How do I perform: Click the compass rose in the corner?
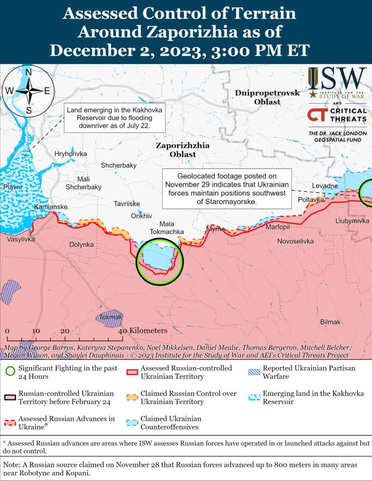[x=28, y=91]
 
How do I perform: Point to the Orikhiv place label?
[x=142, y=216]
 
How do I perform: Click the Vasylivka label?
[x=20, y=239]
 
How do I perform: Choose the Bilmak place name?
[x=330, y=322]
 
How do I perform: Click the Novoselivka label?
[x=296, y=241]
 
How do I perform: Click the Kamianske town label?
[x=51, y=206]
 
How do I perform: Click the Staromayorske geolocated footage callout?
[x=227, y=189]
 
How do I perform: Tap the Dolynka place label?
[x=81, y=244]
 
